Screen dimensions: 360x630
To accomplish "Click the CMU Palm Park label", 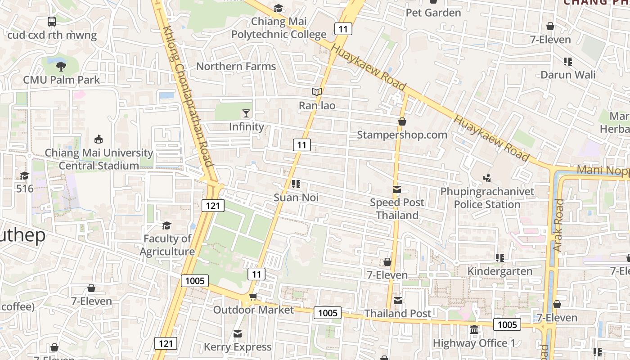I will click(x=61, y=80).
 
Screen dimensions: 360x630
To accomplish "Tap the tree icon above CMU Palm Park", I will click(x=61, y=67).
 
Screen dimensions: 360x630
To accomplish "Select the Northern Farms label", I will click(x=236, y=67).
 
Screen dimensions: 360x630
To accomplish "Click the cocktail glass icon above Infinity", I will click(x=246, y=113).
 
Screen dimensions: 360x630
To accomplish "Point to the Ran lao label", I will click(x=317, y=105).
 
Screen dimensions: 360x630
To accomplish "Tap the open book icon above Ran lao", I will click(x=317, y=92).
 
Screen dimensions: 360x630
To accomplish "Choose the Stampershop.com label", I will click(x=402, y=135).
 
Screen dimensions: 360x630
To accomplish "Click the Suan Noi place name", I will click(x=296, y=197).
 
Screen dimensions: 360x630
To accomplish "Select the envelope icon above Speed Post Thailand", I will click(x=397, y=189).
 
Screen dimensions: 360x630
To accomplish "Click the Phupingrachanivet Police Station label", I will click(x=487, y=198).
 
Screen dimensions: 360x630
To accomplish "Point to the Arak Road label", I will click(x=558, y=225).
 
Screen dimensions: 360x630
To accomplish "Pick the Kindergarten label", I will click(x=499, y=271).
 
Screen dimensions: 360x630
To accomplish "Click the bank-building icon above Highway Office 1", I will click(x=474, y=330).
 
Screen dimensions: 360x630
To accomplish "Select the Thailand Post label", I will click(x=398, y=313).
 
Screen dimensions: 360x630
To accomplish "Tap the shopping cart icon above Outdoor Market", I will click(x=253, y=297).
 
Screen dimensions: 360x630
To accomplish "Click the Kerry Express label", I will click(x=238, y=347).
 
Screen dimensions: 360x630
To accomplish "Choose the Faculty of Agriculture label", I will click(x=167, y=245).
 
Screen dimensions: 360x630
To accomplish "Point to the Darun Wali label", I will click(x=567, y=75).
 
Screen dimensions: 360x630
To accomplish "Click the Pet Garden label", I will click(x=433, y=13).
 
